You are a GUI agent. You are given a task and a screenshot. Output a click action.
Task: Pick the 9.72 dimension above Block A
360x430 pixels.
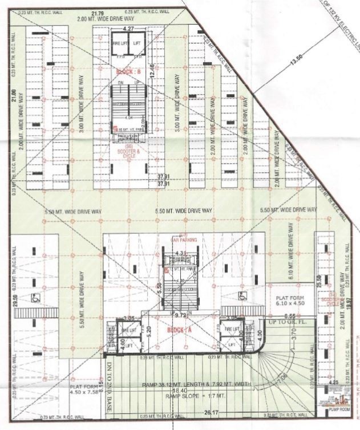point(182,314)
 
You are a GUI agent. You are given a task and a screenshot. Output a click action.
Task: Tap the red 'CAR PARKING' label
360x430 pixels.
point(184,240)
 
